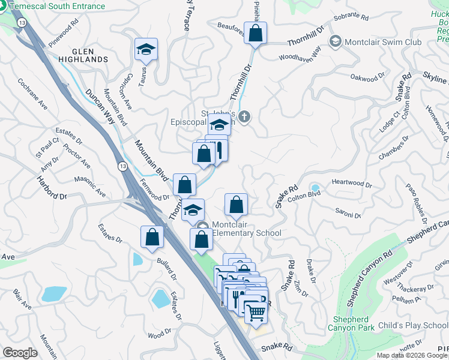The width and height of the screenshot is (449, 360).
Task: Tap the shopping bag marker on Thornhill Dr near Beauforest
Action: (x=255, y=34)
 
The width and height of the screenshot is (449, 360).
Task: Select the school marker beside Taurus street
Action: (x=146, y=50)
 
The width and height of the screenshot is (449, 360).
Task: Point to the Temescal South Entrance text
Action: (x=56, y=7)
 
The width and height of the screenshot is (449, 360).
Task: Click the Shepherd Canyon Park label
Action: (x=351, y=323)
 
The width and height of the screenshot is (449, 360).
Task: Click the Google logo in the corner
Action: (x=20, y=352)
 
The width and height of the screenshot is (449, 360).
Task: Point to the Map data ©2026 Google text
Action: (x=411, y=355)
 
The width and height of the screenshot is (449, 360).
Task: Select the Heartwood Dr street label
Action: (x=349, y=182)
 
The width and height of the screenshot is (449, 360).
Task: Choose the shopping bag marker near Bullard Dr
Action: (x=152, y=236)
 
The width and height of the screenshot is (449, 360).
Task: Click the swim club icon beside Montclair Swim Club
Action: (x=335, y=41)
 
